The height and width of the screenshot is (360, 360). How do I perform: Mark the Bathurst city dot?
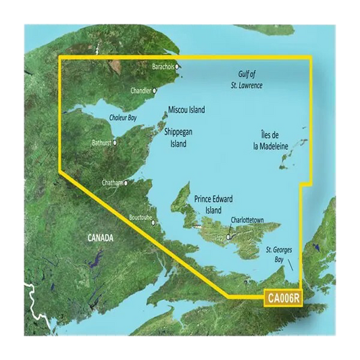click(x=115, y=143)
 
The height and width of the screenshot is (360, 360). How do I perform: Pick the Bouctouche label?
click(x=140, y=217)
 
